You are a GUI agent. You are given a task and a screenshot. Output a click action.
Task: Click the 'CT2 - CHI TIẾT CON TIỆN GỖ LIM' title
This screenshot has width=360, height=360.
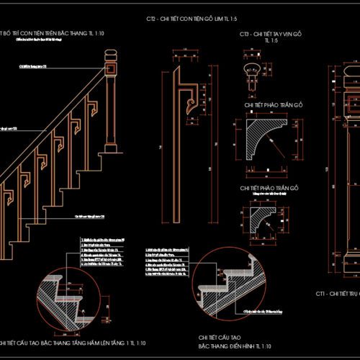[190, 18]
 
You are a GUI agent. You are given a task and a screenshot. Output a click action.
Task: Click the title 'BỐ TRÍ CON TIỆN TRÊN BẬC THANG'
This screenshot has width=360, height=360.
[50, 33]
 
